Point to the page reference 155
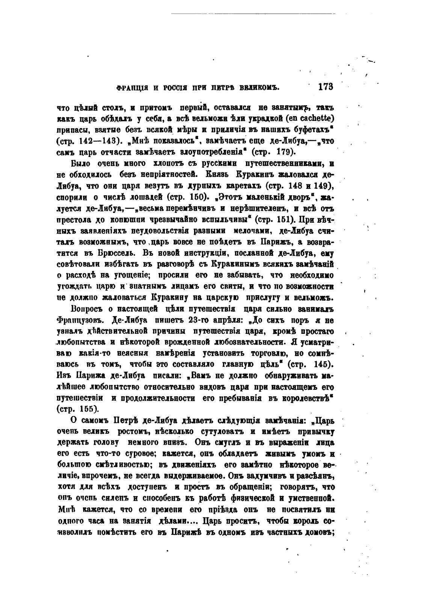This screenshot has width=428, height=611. pyautogui.click(x=88, y=409)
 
